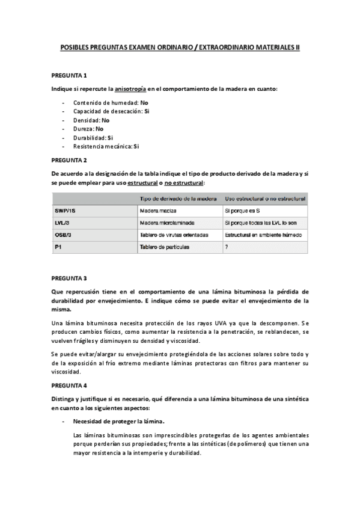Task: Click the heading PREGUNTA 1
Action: click(x=69, y=75)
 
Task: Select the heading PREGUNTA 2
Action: click(x=69, y=160)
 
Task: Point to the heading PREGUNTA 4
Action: click(x=69, y=384)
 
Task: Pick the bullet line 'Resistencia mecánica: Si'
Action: click(x=106, y=146)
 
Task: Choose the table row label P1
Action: click(x=58, y=247)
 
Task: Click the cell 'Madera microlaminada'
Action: click(x=168, y=223)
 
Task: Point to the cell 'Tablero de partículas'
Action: click(x=166, y=247)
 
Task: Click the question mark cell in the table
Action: click(x=226, y=247)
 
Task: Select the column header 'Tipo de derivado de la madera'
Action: click(x=178, y=198)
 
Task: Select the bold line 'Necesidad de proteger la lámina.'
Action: click(x=118, y=421)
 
